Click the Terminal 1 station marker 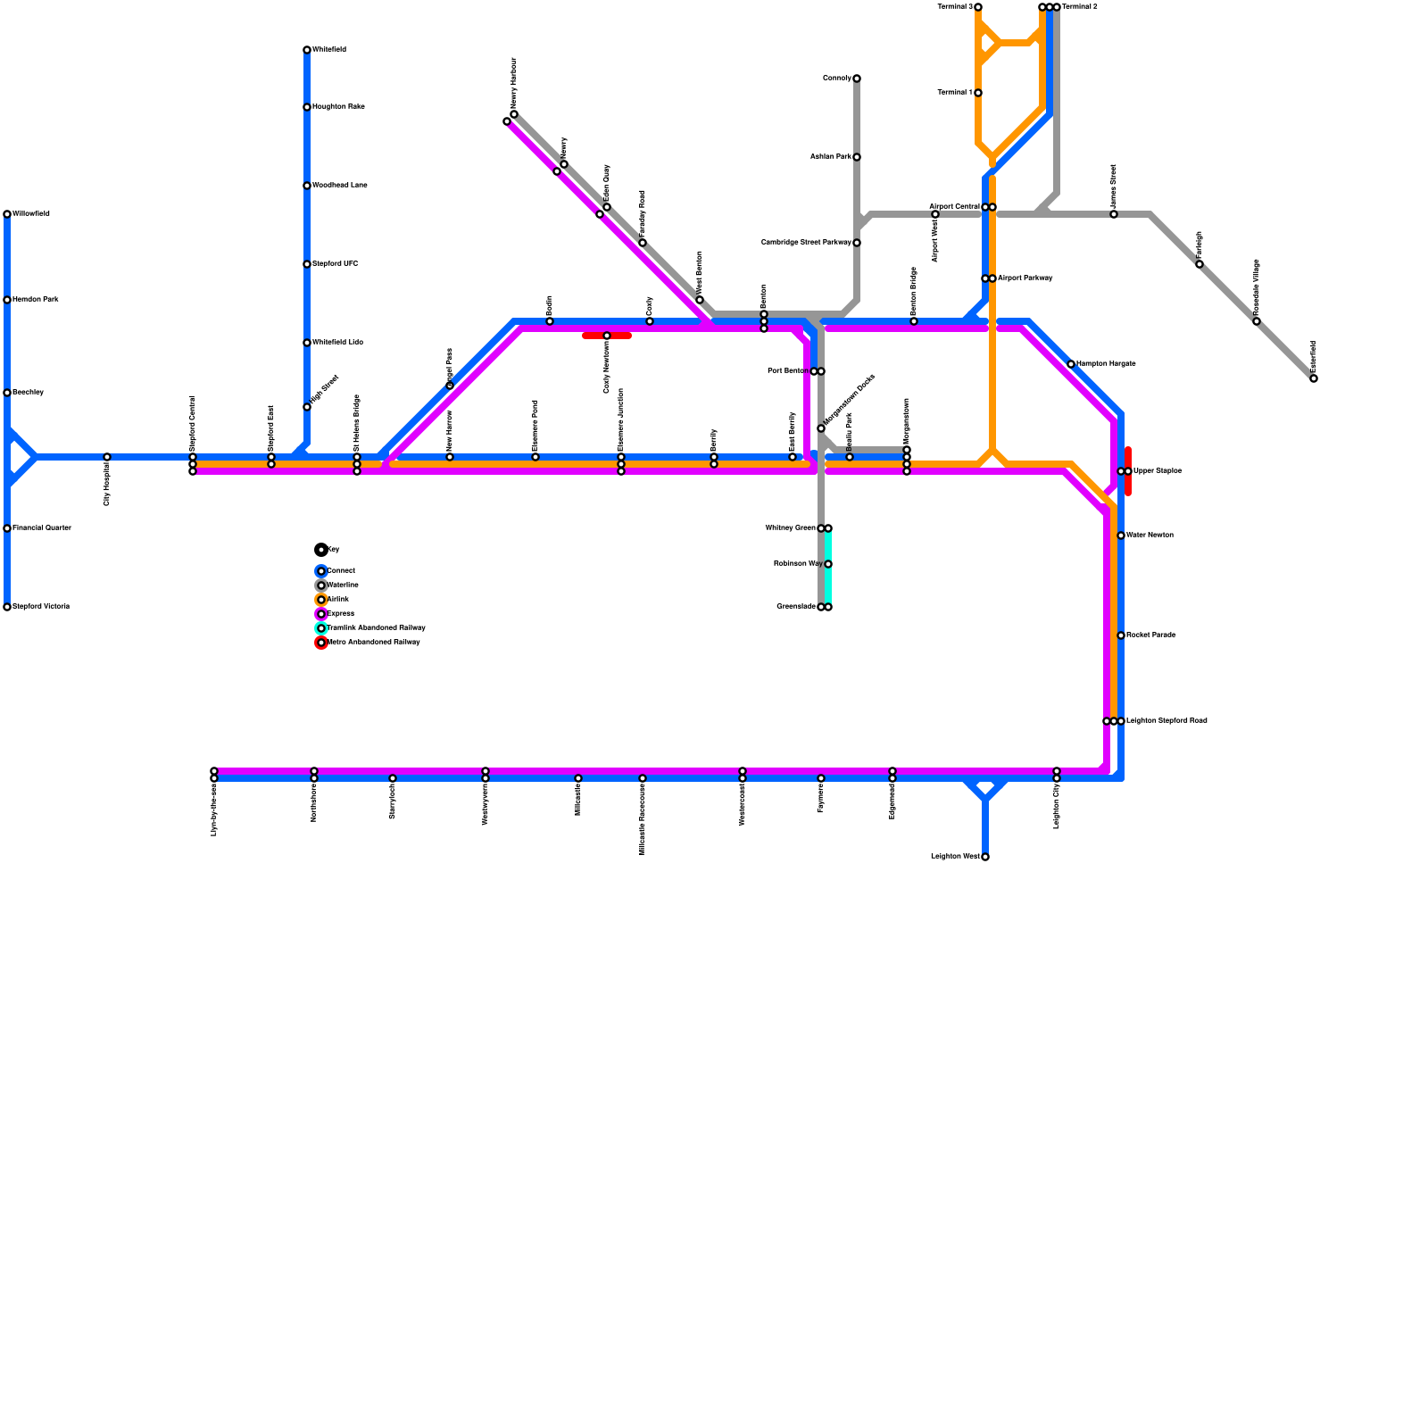point(978,93)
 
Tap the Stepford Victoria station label point(41,607)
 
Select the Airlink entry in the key point(338,600)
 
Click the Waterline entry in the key point(343,585)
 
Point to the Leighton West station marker point(985,857)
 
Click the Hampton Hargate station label point(1106,364)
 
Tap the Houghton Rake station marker point(307,107)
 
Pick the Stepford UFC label point(335,264)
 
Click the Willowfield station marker point(7,214)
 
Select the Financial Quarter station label point(42,528)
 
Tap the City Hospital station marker point(107,457)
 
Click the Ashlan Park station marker point(857,157)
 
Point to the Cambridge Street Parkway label point(806,243)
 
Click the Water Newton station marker point(1121,535)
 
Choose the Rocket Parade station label point(1150,635)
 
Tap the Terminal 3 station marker point(978,7)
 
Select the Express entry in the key point(341,614)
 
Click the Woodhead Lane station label point(340,186)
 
